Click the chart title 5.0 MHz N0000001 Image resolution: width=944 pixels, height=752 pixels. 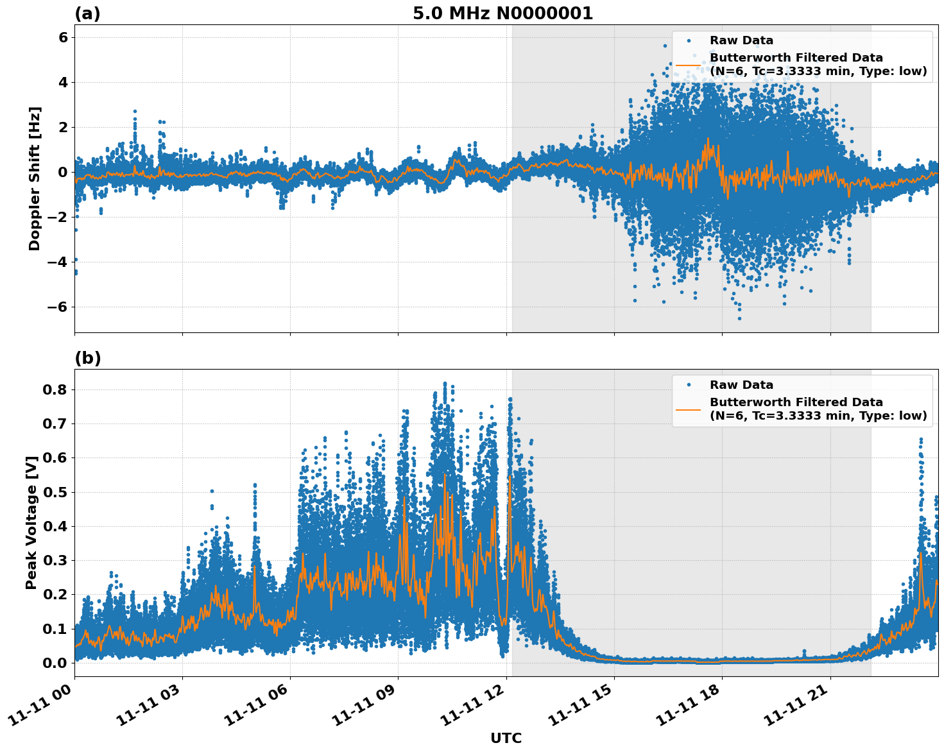click(502, 13)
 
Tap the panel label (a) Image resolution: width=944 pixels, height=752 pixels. click(87, 13)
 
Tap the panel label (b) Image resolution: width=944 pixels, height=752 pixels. click(87, 358)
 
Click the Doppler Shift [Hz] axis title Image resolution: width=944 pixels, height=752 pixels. click(35, 178)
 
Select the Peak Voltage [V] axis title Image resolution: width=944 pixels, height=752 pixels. click(31, 522)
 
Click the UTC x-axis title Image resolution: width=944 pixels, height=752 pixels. click(506, 738)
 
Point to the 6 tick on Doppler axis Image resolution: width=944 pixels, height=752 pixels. click(63, 37)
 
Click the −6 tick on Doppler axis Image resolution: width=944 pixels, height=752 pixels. click(56, 307)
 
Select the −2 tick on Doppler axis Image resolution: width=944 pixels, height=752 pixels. click(56, 217)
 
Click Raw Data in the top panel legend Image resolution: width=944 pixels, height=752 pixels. click(741, 40)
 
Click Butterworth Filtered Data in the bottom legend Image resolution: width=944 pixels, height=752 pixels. click(796, 402)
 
